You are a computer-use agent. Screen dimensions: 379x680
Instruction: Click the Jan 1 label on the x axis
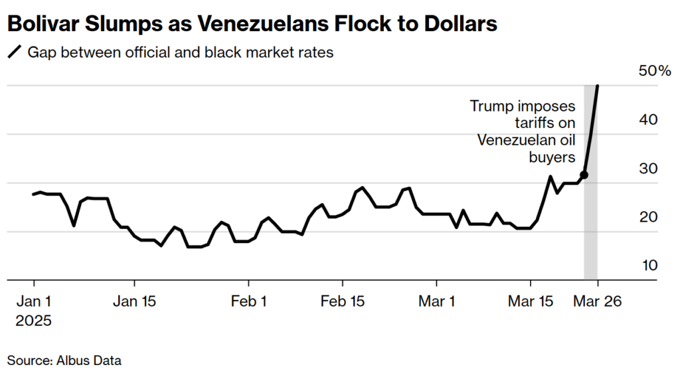point(34,301)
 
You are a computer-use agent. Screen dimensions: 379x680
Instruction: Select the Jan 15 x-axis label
point(135,301)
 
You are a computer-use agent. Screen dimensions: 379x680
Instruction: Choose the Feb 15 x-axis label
point(343,301)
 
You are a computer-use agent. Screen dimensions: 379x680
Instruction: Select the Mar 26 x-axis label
point(598,301)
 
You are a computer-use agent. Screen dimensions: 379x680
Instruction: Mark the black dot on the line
point(584,175)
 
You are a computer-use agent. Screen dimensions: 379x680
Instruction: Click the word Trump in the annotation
point(489,106)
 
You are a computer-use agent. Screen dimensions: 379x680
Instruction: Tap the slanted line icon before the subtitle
point(14,52)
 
